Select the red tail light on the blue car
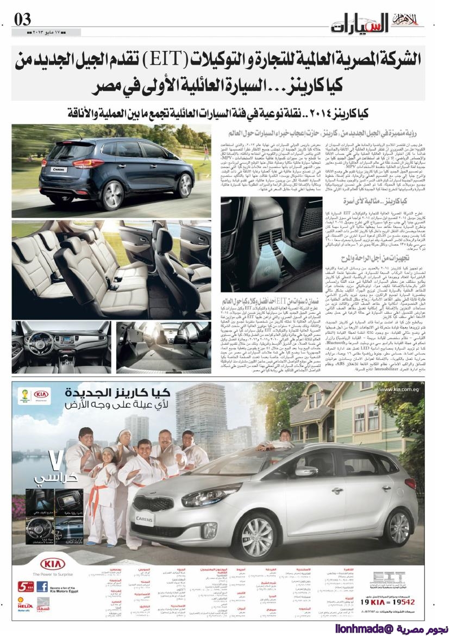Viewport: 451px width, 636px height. (x=87, y=163)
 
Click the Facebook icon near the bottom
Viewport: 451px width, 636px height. (x=42, y=587)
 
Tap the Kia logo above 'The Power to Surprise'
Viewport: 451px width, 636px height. (x=52, y=562)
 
